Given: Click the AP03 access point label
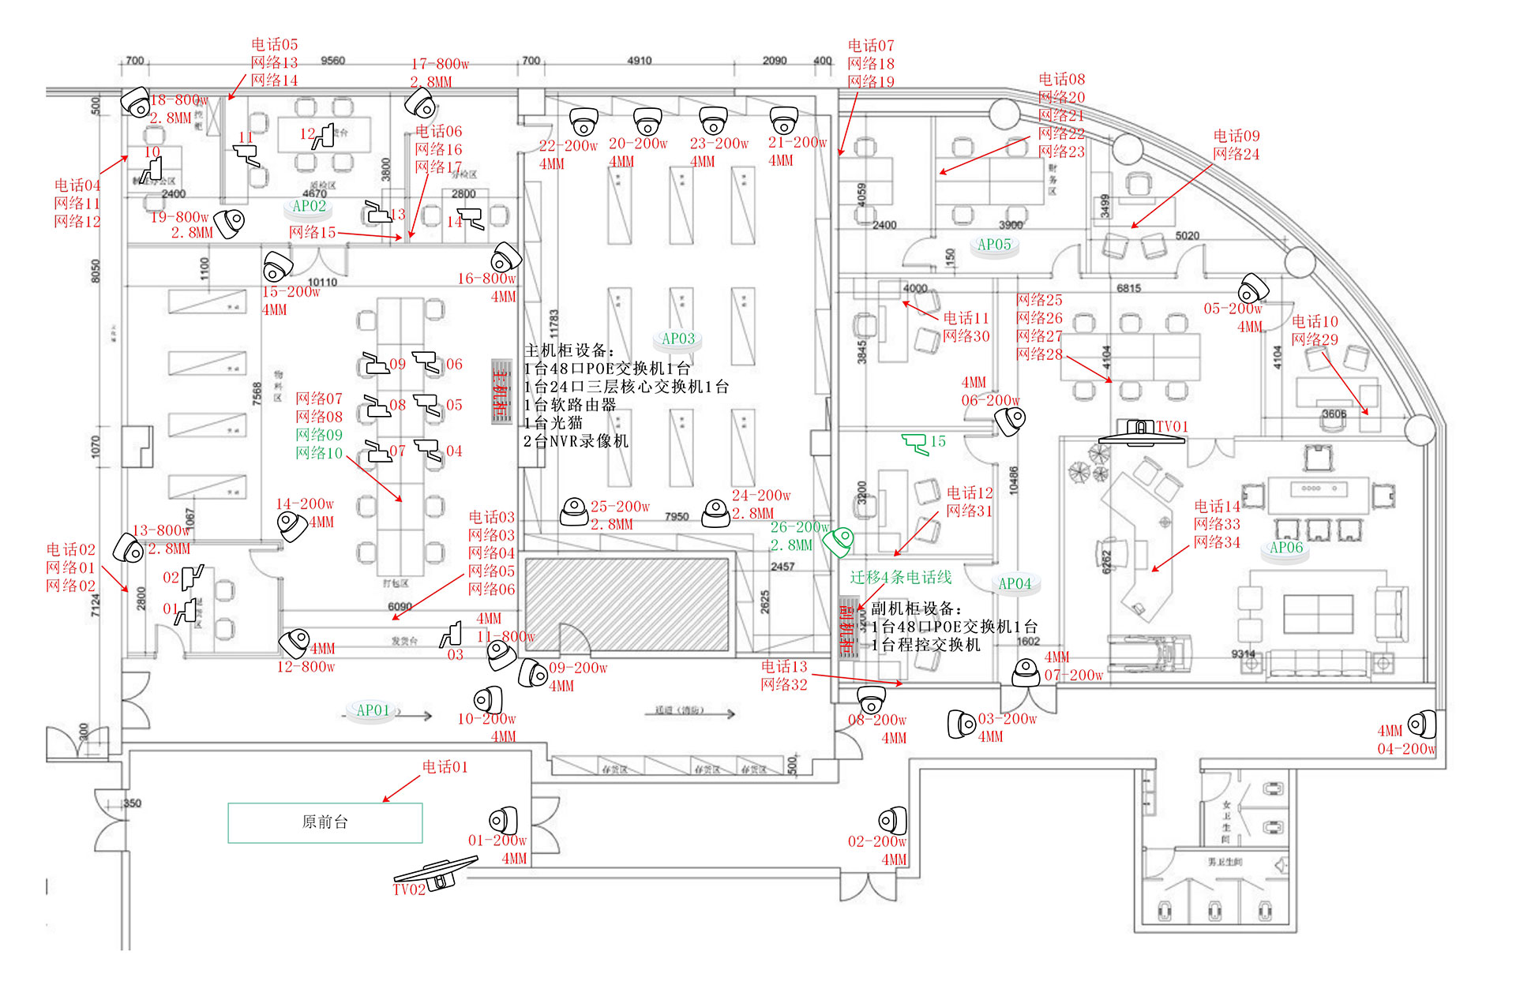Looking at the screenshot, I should point(678,339).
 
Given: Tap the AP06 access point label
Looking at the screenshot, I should point(1286,548).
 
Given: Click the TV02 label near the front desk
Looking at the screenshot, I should point(409,889).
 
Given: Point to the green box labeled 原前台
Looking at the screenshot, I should point(325,822).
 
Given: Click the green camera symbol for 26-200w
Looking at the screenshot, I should point(839,541).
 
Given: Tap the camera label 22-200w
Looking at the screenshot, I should point(568,145).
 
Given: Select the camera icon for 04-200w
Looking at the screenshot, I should point(1422,725).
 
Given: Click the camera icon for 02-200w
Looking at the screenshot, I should point(893,821).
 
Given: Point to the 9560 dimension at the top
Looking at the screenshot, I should point(332,61).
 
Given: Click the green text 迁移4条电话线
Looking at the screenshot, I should point(901,577).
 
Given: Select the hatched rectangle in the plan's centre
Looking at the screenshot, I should point(627,604).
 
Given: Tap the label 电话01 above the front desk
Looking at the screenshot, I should point(445,766).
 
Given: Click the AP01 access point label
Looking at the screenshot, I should point(373,710).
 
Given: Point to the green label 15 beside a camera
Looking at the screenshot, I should point(938,441).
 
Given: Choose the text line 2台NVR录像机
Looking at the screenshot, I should point(576,441).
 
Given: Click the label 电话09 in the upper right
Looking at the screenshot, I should point(1236,136).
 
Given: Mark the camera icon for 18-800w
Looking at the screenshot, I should point(136,101).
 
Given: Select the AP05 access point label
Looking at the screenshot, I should point(994,245).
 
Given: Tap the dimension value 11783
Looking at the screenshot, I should point(553,324).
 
